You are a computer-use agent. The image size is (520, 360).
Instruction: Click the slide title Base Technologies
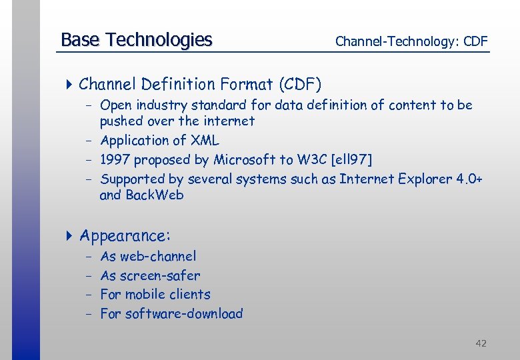point(136,40)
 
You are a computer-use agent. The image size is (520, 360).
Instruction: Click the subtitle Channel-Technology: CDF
point(411,41)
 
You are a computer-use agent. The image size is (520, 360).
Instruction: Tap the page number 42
point(481,343)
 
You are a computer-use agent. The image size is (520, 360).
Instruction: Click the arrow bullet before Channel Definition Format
point(70,85)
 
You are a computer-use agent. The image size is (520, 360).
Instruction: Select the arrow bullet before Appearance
point(70,236)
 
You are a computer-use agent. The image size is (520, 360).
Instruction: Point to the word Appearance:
point(125,236)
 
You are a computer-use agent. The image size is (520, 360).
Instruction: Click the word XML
point(205,141)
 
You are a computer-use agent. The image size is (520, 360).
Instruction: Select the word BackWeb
point(155,195)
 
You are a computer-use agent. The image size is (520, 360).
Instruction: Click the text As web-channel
point(148,256)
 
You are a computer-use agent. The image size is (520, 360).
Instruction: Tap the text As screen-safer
point(150,275)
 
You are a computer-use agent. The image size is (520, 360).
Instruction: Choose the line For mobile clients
point(155,295)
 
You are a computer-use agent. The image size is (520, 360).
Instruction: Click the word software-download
point(184,314)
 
